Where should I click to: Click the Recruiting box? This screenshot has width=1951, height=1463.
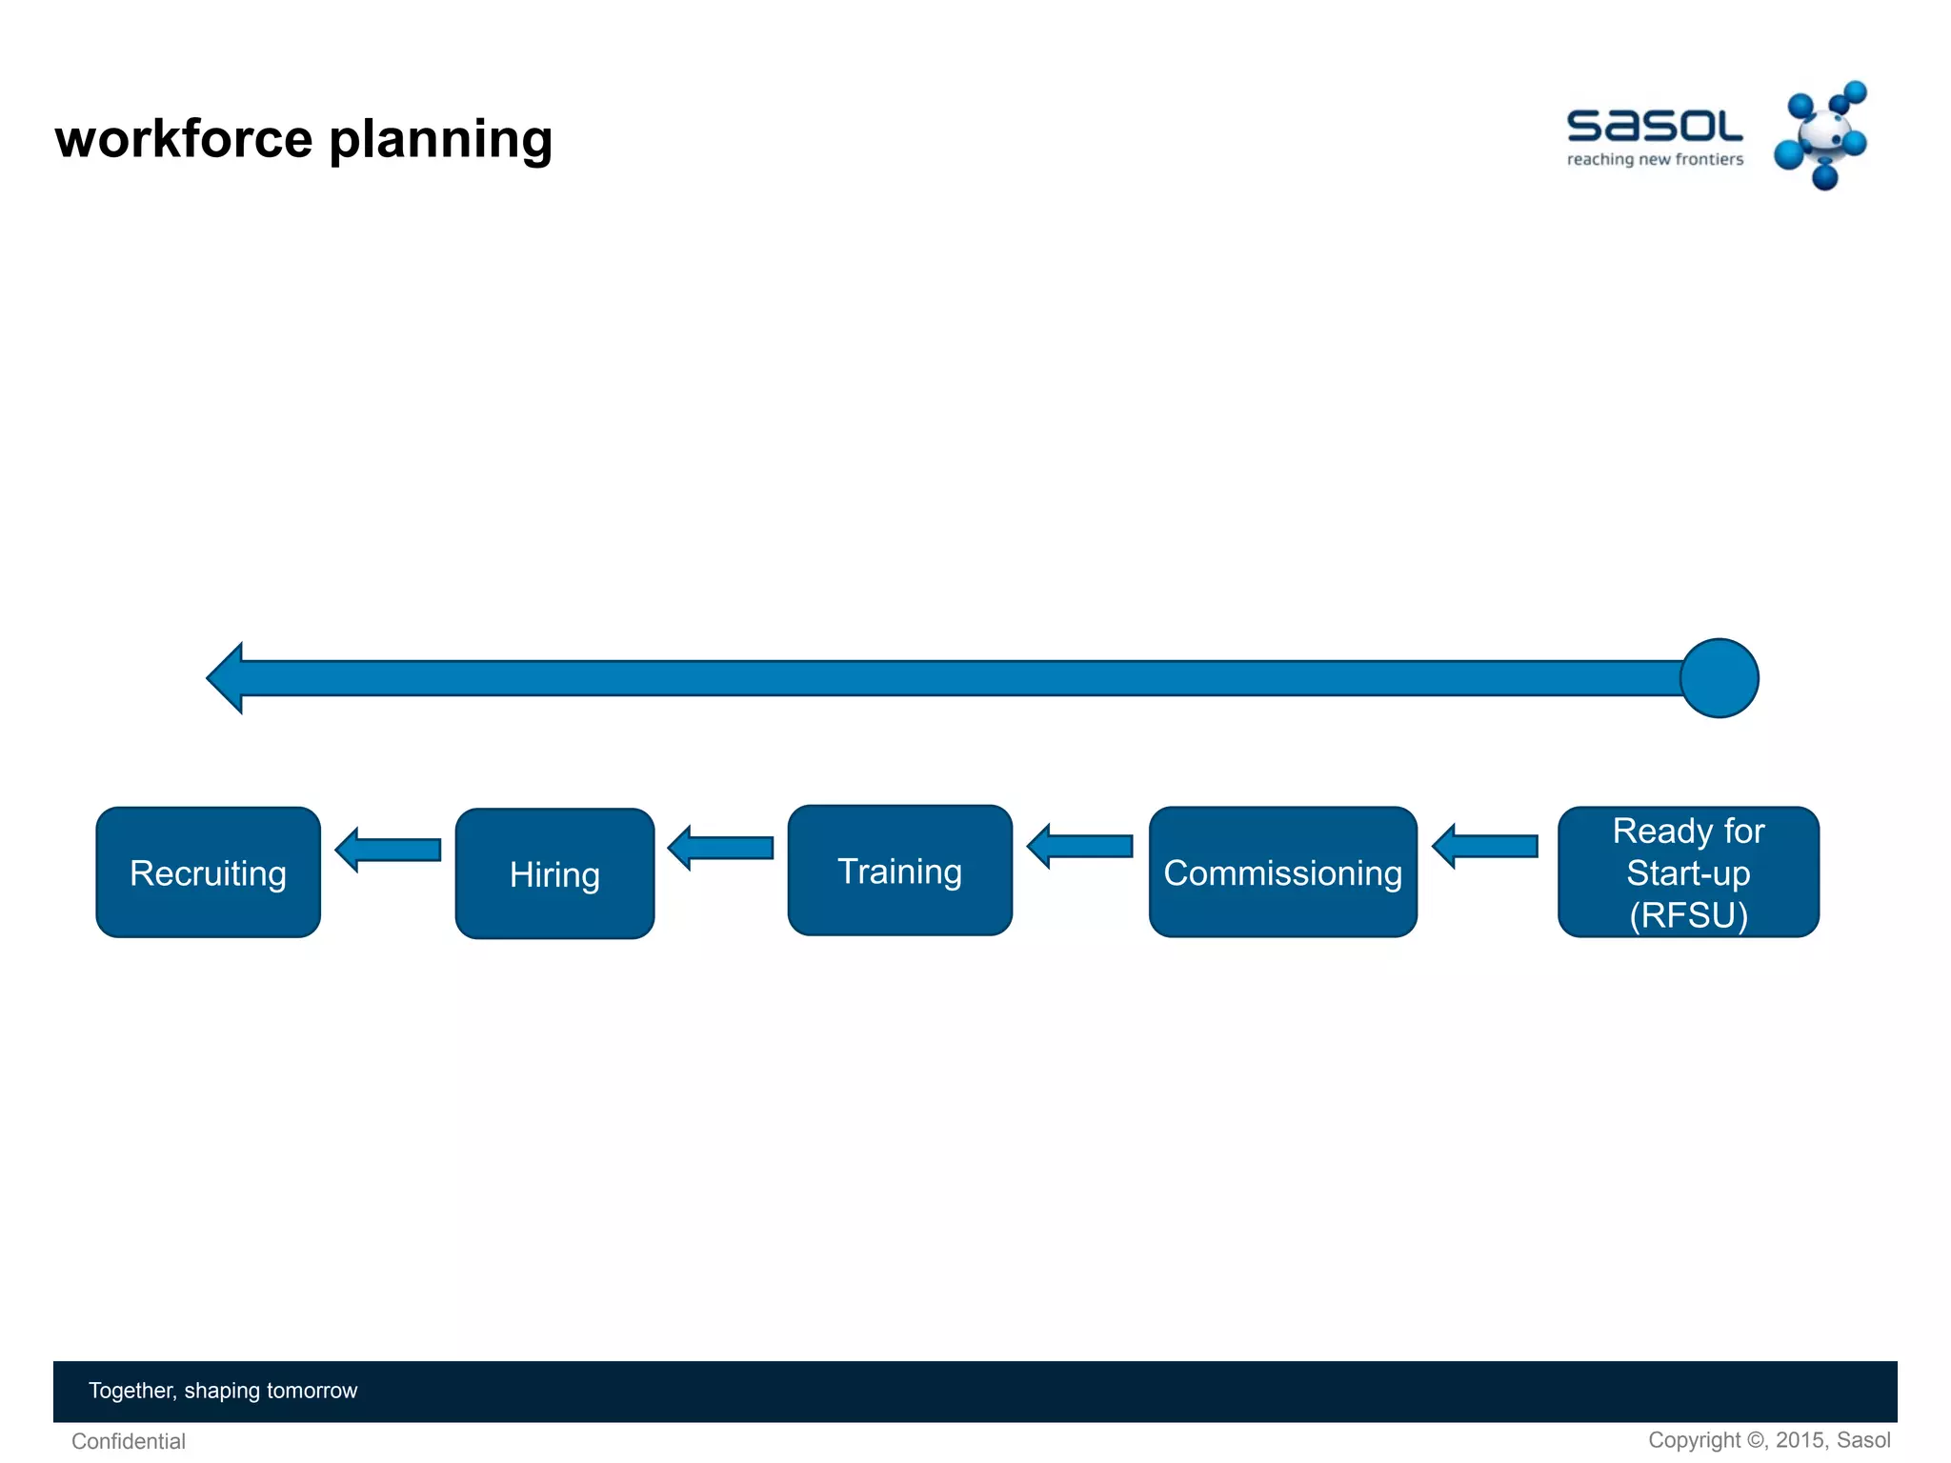(208, 872)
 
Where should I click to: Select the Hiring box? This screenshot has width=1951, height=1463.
(554, 873)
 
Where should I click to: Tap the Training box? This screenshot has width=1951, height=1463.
(899, 871)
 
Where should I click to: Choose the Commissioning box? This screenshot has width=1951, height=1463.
(1282, 872)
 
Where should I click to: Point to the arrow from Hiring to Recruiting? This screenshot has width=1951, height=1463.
(389, 850)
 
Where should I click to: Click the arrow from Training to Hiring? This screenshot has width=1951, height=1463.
(721, 848)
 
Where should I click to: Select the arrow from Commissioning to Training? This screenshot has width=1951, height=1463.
(1080, 846)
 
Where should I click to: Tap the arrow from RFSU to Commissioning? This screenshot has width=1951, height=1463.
(1485, 846)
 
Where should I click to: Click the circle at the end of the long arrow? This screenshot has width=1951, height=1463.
(1719, 678)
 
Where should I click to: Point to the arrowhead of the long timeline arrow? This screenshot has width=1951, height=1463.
(227, 678)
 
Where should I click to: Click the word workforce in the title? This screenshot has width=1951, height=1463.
(184, 139)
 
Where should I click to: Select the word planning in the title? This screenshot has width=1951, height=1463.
(440, 141)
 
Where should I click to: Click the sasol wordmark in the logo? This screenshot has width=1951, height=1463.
(1654, 126)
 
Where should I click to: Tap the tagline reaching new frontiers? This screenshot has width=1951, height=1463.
(1655, 159)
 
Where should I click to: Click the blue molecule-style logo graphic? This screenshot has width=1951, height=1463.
(1821, 135)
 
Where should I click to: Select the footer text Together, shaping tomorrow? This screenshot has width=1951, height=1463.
(223, 1391)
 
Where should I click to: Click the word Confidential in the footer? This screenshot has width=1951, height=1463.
(129, 1441)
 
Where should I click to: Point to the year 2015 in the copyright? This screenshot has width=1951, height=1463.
(1800, 1440)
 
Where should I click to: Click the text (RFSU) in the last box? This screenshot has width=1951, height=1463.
(1688, 915)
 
